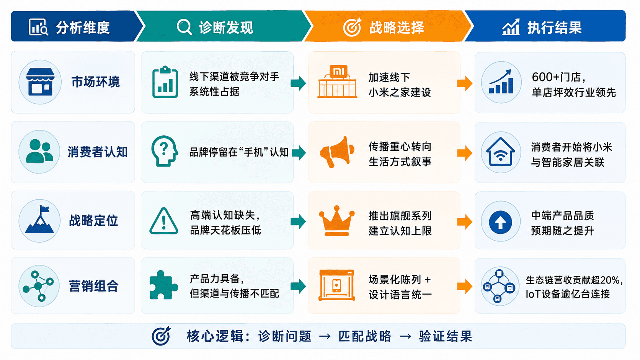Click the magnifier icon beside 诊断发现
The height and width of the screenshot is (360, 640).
(x=184, y=27)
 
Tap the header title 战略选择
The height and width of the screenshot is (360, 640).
(x=397, y=28)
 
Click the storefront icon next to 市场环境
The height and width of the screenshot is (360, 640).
(x=40, y=82)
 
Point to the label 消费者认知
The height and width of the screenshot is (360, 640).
(x=98, y=151)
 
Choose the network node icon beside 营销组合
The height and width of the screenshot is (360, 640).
(x=38, y=286)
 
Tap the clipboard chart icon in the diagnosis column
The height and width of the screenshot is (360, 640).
(x=165, y=82)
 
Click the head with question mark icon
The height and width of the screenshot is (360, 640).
(x=164, y=151)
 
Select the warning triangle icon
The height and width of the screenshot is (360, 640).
(x=164, y=221)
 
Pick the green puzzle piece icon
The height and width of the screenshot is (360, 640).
(x=163, y=285)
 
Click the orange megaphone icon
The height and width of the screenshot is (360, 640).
(x=337, y=152)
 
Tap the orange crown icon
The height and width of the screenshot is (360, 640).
(x=337, y=220)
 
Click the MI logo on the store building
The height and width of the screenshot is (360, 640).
(x=339, y=71)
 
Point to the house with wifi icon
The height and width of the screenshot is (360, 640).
(x=501, y=152)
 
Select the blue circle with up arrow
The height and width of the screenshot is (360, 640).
(x=500, y=222)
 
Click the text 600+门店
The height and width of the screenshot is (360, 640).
(x=558, y=77)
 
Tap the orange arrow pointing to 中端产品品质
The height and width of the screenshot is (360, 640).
(x=465, y=222)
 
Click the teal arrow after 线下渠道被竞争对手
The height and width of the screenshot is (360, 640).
(x=298, y=83)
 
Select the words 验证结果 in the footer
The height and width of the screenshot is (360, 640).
(x=446, y=336)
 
